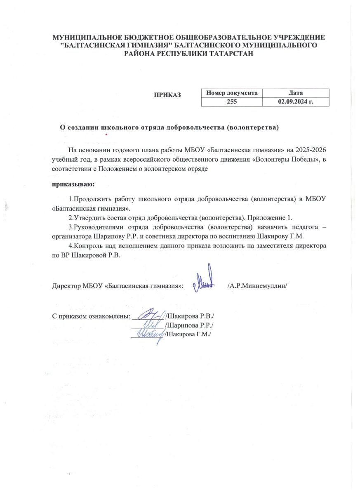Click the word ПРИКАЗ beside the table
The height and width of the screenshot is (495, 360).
click(167, 95)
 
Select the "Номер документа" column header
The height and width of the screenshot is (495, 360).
click(232, 93)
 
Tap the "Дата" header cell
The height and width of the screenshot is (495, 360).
click(296, 93)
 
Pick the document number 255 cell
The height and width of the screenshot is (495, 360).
click(232, 101)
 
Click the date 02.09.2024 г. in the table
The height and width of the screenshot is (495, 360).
click(296, 101)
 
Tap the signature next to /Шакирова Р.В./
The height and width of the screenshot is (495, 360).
click(151, 316)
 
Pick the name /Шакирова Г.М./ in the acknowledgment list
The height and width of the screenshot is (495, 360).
click(188, 335)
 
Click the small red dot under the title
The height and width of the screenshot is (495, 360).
click(106, 134)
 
